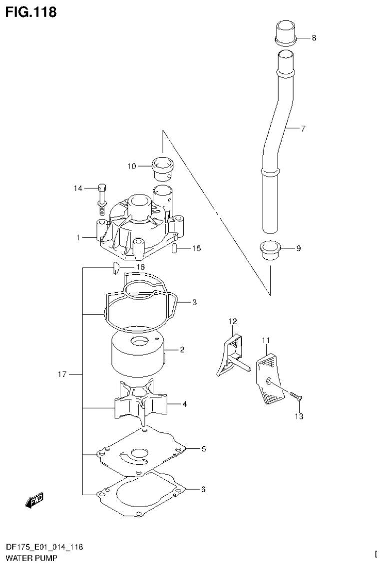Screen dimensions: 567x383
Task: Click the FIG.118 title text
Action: (31, 12)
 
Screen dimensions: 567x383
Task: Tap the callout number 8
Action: (314, 38)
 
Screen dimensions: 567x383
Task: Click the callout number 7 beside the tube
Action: (303, 129)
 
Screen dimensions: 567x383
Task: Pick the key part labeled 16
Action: (114, 268)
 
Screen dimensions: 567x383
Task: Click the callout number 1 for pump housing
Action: (78, 238)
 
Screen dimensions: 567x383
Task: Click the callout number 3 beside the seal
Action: (194, 302)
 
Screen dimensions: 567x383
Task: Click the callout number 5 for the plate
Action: (204, 449)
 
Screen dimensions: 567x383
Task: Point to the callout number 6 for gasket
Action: (203, 489)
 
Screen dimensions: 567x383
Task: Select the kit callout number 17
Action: (62, 374)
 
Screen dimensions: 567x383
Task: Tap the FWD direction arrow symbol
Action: (34, 500)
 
